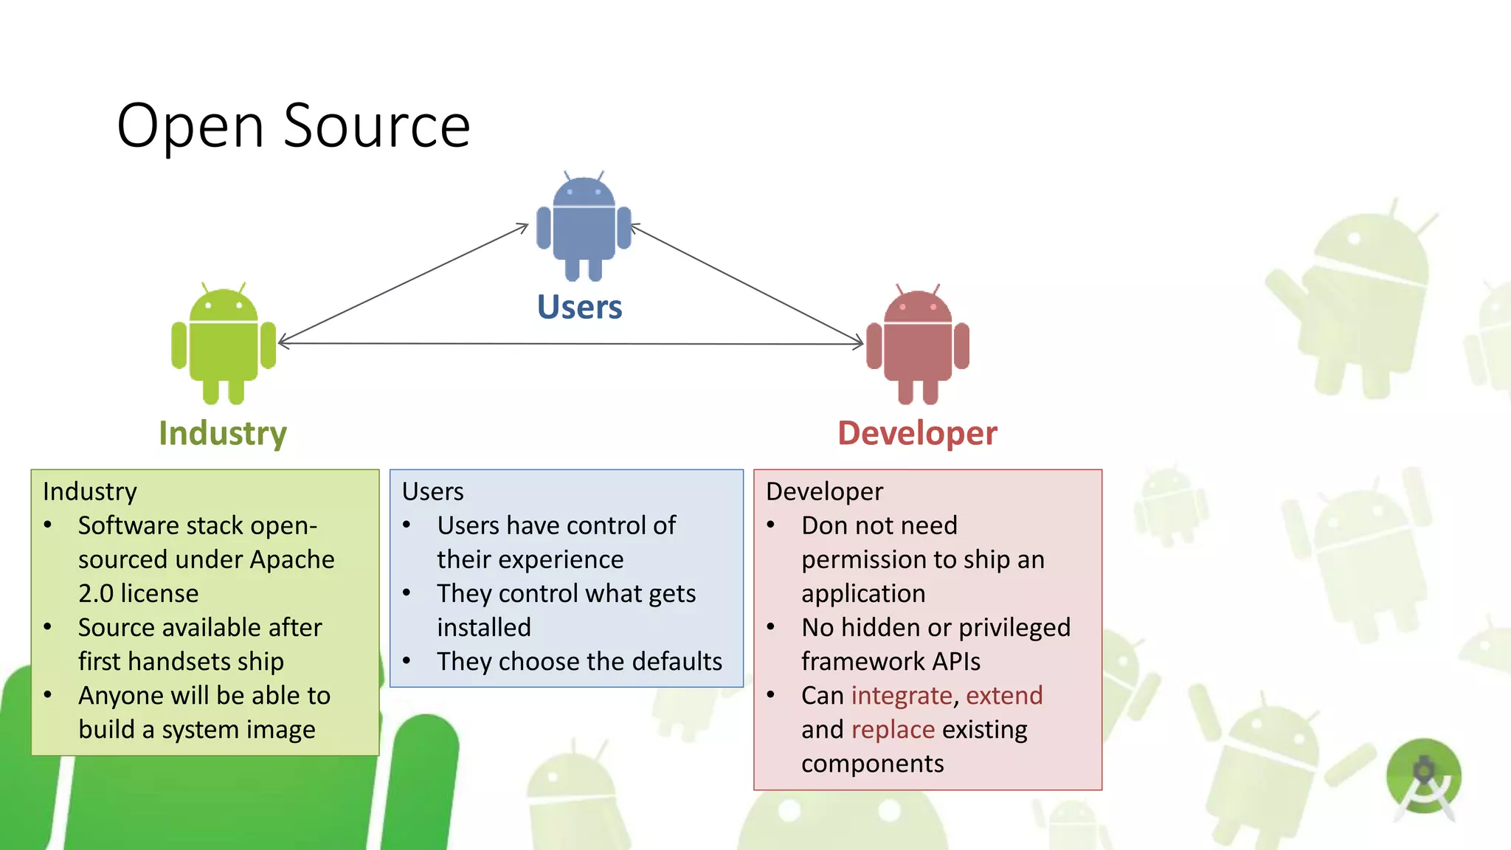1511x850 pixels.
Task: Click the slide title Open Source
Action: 294,126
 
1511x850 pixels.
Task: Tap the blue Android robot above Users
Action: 584,226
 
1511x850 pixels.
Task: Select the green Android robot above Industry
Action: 224,343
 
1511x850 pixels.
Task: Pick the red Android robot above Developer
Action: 918,345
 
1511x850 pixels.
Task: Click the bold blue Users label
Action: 579,307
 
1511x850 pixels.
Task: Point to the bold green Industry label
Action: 223,433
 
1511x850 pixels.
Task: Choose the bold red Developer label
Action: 917,433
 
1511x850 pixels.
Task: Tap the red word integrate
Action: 902,696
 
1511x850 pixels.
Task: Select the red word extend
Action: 1004,696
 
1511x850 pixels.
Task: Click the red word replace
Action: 893,730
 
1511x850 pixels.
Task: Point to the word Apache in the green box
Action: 292,560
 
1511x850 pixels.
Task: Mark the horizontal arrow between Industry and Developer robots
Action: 570,344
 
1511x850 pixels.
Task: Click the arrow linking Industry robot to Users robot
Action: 403,284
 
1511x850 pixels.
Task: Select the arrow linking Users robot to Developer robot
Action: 747,285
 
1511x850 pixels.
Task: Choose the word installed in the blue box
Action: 484,628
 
